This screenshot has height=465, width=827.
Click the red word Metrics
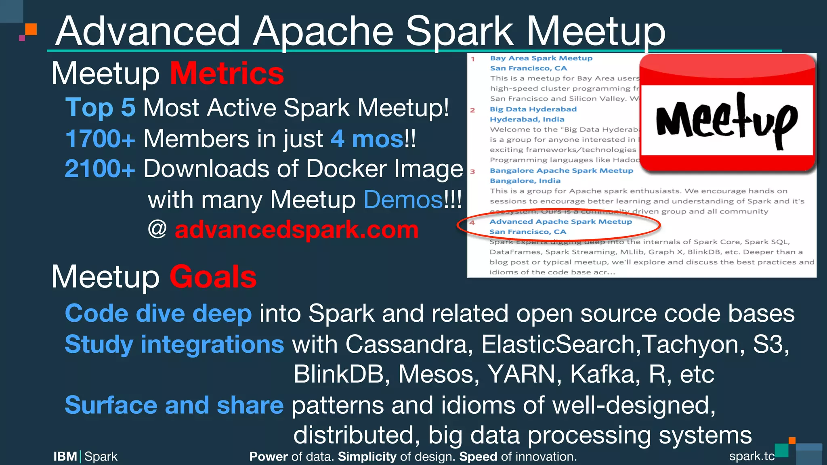(x=227, y=73)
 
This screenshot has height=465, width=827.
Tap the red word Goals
(x=213, y=277)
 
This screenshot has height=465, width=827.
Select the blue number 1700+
(x=100, y=139)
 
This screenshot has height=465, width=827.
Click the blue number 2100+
(x=100, y=168)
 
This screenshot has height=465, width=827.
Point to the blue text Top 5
(x=100, y=107)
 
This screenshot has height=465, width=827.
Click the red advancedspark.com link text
(x=296, y=230)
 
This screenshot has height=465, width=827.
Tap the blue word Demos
(x=403, y=199)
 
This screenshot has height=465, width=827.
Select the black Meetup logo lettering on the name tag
(x=726, y=120)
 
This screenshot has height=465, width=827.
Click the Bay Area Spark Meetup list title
(x=541, y=58)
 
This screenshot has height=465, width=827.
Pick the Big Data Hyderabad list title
(x=533, y=109)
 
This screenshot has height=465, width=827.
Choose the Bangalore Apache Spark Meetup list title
(x=561, y=170)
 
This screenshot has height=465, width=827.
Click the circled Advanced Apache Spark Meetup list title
(x=560, y=221)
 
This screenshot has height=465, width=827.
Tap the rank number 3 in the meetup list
(x=472, y=172)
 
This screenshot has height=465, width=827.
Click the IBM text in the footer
(x=65, y=457)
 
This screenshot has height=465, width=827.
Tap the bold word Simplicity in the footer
(x=367, y=457)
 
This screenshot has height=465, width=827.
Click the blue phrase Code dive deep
(x=158, y=314)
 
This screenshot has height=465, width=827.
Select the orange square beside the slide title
(x=31, y=29)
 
